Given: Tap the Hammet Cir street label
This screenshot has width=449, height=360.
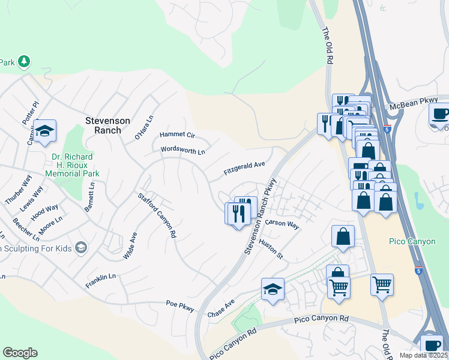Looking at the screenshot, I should tap(177, 136).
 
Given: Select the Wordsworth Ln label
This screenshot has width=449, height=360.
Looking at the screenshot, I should tap(183, 150).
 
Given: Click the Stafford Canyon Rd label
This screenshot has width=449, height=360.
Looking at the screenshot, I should tap(157, 215).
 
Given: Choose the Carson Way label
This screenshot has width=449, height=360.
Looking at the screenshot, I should tap(282, 224).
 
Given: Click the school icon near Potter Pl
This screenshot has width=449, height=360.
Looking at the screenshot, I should tap(44, 131).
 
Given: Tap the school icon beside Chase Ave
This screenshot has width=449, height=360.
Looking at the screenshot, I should tap(273, 290).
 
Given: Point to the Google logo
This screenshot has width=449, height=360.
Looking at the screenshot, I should tap(20, 353).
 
